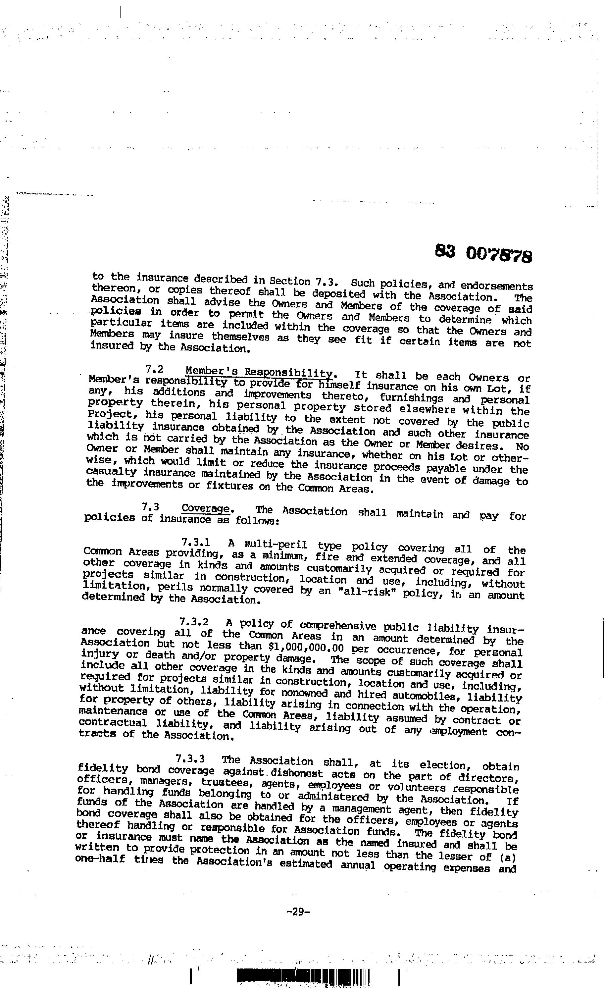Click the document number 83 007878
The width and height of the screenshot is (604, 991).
483,253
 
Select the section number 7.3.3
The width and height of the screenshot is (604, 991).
191,759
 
